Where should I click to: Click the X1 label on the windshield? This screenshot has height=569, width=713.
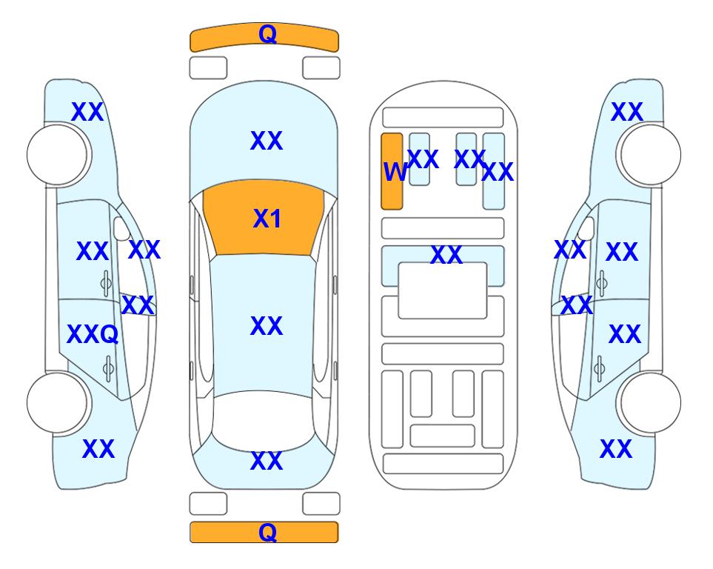tap(267, 219)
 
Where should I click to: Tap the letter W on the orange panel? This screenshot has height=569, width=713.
tap(395, 172)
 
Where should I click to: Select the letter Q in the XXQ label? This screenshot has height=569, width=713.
tap(109, 335)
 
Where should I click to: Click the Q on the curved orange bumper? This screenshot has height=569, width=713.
tap(267, 33)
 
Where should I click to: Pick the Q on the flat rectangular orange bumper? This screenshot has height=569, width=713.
tap(267, 532)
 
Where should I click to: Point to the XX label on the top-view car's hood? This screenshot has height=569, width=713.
tap(267, 141)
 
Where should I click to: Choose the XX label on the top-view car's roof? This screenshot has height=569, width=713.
tap(267, 326)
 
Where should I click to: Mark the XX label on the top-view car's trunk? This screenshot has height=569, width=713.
tap(267, 461)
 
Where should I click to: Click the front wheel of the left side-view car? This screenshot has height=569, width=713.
tap(58, 155)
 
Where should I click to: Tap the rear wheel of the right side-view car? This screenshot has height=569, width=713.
tap(650, 402)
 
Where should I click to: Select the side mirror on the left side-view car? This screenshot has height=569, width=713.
tap(122, 228)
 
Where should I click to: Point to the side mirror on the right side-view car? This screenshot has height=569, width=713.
tap(586, 228)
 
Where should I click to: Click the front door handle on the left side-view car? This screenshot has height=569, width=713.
tap(106, 284)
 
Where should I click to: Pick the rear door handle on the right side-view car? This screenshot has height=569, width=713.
tap(599, 368)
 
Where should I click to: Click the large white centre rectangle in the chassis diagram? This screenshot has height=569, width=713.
tap(443, 290)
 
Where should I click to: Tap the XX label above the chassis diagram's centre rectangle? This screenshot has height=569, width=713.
tap(446, 255)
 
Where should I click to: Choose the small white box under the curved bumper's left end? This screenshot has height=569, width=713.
tap(208, 68)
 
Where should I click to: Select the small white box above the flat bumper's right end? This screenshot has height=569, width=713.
tap(321, 504)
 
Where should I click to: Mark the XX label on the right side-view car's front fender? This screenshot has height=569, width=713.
tap(627, 112)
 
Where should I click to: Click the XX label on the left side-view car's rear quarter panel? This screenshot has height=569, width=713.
tap(98, 449)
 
